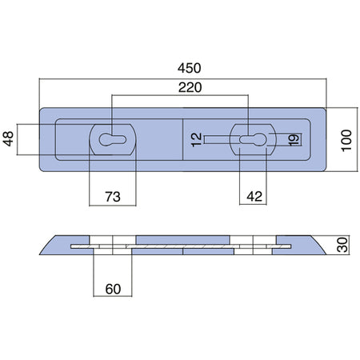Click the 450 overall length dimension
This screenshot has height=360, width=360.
pos(190,68)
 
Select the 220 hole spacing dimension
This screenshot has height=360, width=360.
pos(190,87)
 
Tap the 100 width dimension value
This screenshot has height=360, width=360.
pos(346,141)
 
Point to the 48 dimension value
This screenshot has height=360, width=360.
pos(8,138)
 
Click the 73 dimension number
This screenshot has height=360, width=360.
pos(113,197)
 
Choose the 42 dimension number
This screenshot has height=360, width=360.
pos(254,197)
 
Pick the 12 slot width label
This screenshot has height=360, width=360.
pos(197,140)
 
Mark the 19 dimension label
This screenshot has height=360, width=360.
pos(294,140)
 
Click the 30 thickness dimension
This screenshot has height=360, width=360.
pos(342,245)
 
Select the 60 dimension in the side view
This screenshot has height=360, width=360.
pos(113,289)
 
